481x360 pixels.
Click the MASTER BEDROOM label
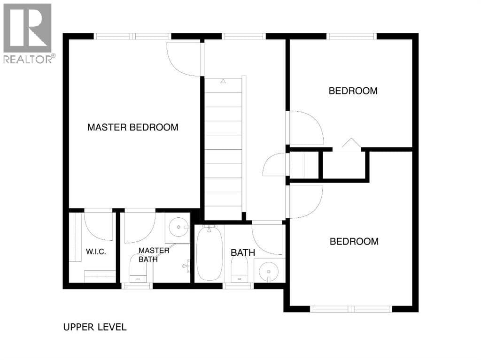click(x=133, y=127)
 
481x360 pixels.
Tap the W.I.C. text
click(x=96, y=252)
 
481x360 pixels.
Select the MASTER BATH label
click(x=154, y=255)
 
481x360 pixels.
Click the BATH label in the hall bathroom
click(x=243, y=253)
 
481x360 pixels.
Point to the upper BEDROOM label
click(x=353, y=91)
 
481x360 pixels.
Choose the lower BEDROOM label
click(x=354, y=241)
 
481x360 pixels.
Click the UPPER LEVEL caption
click(x=95, y=327)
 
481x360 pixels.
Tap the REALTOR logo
click(x=28, y=33)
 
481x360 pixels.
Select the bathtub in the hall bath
click(x=209, y=254)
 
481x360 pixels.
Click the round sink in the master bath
click(x=179, y=227)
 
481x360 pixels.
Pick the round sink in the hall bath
click(x=269, y=272)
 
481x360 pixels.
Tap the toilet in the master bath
click(x=139, y=268)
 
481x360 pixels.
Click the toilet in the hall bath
click(x=239, y=268)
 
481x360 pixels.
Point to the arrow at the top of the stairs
click(x=223, y=81)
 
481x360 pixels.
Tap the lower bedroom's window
click(x=351, y=309)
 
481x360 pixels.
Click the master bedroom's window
click(x=132, y=36)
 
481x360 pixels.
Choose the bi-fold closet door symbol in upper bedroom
click(x=351, y=144)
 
